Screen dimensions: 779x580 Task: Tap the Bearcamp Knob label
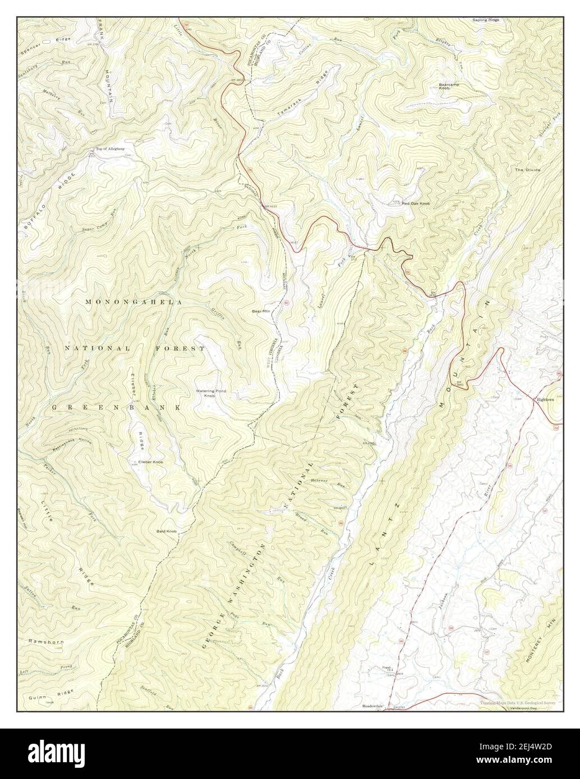click(450, 86)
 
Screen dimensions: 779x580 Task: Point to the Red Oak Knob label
click(415, 203)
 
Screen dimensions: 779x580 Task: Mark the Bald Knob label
click(167, 530)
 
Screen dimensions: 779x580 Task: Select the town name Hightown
click(545, 400)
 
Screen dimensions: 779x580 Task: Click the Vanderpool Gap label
click(523, 709)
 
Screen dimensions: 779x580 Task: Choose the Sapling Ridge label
click(486, 20)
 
